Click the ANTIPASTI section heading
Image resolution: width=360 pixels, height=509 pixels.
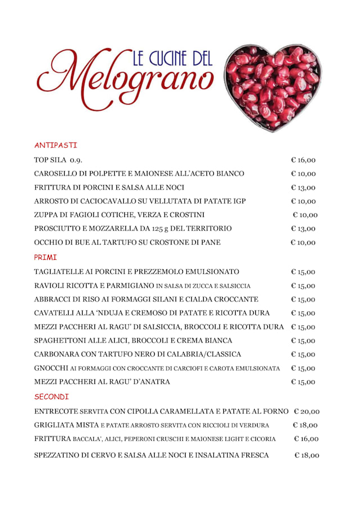pos(55,145)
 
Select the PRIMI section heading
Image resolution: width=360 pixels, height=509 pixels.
pos(46,257)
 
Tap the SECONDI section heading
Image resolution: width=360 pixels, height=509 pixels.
pos(51,397)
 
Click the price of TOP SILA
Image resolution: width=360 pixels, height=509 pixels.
pos(303,160)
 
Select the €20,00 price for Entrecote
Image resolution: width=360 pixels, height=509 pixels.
pos(307,412)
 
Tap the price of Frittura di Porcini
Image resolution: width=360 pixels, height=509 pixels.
pos(303,187)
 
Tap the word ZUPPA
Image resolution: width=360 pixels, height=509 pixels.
pos(46,215)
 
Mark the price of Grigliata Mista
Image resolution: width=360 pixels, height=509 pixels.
pos(305,425)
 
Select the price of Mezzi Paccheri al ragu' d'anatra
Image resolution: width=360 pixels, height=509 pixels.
pos(303,382)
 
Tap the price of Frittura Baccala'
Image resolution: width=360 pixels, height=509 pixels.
pos(306,439)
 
